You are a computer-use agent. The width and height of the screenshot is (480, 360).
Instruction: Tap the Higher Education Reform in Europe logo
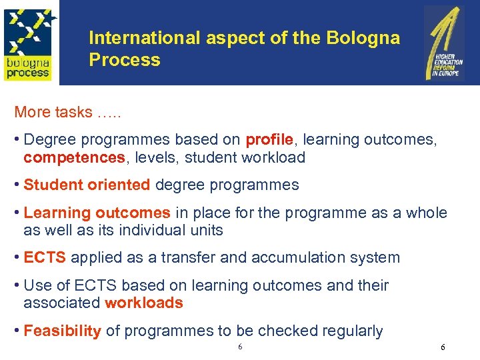pos(445,43)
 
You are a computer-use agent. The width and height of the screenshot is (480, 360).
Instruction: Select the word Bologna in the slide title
pos(363,38)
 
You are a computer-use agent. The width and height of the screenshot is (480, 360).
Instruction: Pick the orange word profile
pos(269,140)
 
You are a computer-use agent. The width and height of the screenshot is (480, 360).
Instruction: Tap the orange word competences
pos(73,158)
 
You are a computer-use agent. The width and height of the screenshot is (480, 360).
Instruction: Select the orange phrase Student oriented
pos(87,185)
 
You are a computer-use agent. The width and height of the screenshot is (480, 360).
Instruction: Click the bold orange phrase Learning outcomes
pos(97,213)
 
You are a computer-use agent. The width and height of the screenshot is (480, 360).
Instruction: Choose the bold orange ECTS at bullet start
pos(45,257)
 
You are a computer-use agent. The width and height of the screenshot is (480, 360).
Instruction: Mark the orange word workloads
pos(143,303)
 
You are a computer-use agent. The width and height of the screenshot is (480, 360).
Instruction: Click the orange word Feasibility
pos(62,331)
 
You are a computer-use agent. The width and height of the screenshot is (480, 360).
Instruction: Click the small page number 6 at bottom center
pos(240,347)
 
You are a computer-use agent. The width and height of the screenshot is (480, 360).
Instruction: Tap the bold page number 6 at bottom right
pos(443,347)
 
